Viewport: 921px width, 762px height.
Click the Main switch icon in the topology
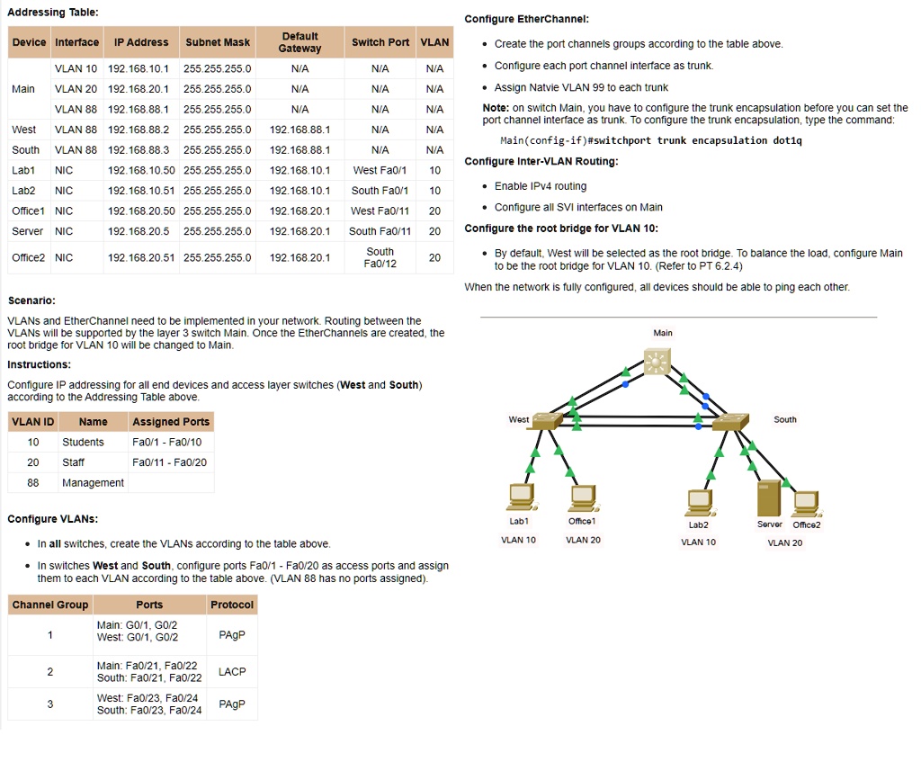tap(658, 363)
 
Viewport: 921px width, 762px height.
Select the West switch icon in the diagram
tap(546, 420)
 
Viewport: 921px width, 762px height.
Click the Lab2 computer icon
tap(698, 502)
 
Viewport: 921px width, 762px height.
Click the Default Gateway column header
tap(300, 42)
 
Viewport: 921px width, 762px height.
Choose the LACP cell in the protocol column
tap(232, 672)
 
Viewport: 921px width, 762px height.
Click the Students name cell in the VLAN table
tap(83, 442)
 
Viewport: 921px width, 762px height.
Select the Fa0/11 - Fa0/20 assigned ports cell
tap(169, 462)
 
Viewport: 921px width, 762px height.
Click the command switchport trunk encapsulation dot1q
tap(650, 140)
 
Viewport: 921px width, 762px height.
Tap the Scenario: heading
tap(31, 300)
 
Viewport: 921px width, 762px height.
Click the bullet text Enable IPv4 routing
tap(540, 186)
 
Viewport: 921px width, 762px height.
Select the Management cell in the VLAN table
tap(93, 483)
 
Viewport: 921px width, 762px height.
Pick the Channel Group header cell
tap(50, 605)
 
